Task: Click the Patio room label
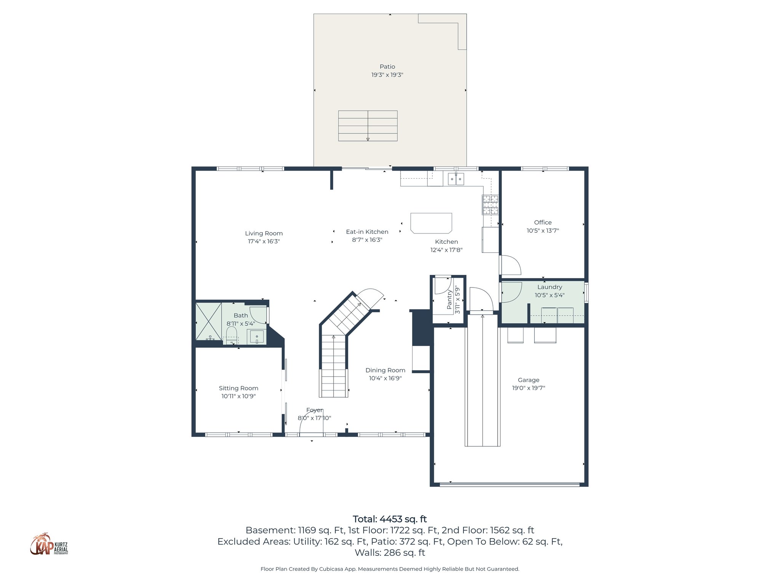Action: tap(387, 67)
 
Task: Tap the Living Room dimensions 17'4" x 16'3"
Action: tap(264, 241)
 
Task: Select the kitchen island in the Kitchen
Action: tap(431, 223)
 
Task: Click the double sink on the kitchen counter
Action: tap(456, 179)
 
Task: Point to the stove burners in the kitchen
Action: tap(490, 205)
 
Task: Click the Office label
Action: tap(542, 222)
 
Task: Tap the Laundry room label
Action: tap(549, 287)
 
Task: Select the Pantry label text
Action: tap(449, 299)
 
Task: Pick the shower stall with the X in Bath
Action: tap(208, 321)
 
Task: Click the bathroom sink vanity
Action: tap(257, 337)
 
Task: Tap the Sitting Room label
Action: tap(238, 388)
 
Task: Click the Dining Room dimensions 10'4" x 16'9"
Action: tap(385, 378)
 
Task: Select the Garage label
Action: tap(528, 380)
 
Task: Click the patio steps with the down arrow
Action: tap(368, 126)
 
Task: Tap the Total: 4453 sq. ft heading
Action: tap(390, 519)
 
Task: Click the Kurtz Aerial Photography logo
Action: tap(49, 545)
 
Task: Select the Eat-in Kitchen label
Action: tap(367, 232)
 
